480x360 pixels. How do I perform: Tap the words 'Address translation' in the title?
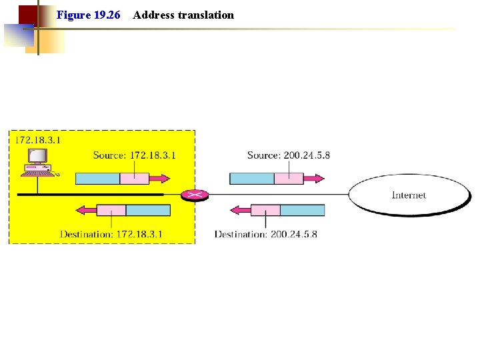(183, 15)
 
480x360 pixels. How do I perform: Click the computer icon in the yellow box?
(37, 162)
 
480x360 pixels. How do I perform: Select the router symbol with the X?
(195, 195)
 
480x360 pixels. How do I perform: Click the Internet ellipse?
(408, 195)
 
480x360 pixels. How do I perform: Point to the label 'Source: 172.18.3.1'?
(134, 155)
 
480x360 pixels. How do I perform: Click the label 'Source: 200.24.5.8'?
(288, 155)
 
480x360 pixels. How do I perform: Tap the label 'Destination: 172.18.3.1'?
(111, 234)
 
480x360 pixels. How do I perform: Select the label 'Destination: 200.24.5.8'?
(265, 234)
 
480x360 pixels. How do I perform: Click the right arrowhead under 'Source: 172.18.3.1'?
(164, 179)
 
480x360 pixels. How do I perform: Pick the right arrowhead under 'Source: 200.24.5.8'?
(318, 179)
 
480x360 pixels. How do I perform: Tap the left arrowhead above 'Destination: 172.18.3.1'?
(83, 211)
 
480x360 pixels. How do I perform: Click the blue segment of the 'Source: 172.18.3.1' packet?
(97, 179)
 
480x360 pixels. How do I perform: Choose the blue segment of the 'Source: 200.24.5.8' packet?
(252, 179)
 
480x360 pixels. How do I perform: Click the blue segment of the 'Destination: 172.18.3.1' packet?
(148, 211)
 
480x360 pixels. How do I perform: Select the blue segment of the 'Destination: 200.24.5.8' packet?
(302, 211)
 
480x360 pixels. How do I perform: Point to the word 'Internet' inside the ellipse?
(408, 195)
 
